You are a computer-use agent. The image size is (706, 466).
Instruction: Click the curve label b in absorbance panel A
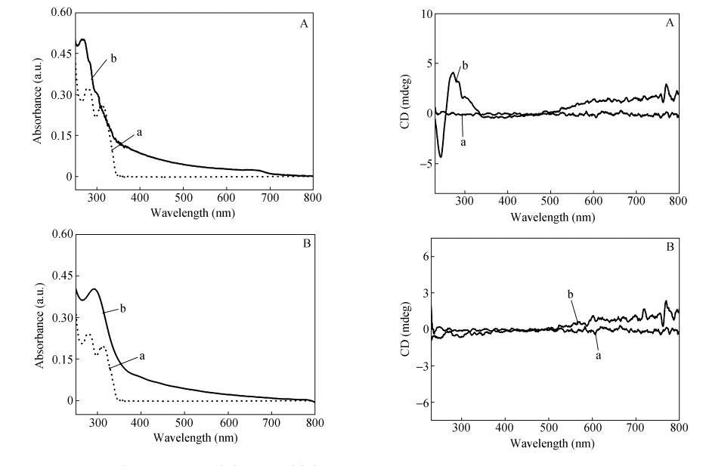(x=113, y=57)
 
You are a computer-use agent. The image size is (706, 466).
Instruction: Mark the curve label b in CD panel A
(x=465, y=66)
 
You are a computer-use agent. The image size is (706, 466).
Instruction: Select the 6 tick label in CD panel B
(x=416, y=257)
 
